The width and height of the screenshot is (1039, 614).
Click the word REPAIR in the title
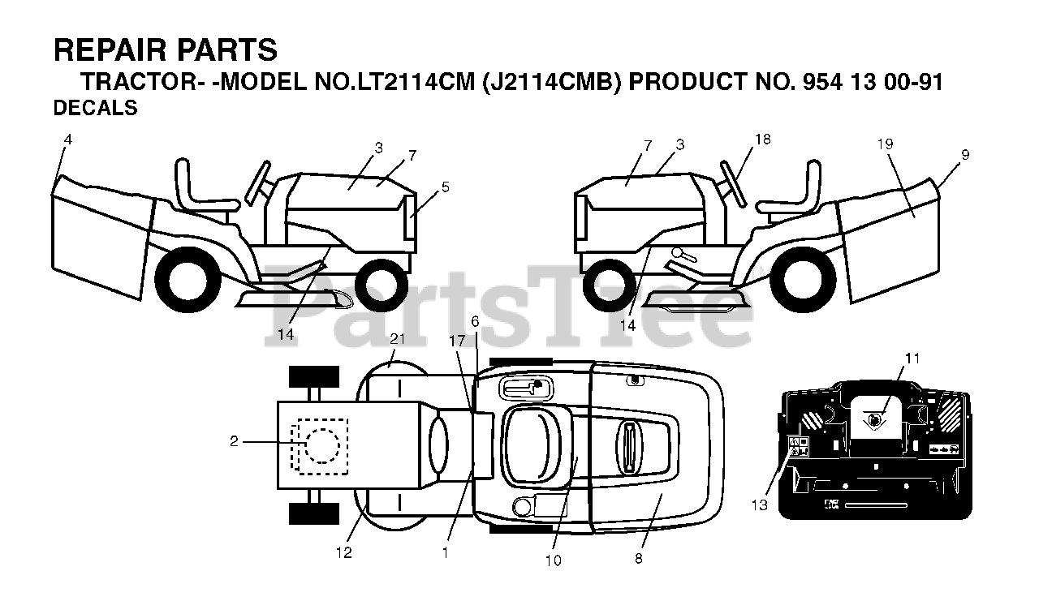coord(101,50)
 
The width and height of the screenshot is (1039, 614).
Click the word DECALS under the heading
coord(95,108)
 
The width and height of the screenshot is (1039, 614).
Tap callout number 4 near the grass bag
coord(67,140)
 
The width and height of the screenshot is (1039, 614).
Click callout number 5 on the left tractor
coord(445,187)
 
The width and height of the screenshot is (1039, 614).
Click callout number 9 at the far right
coord(964,154)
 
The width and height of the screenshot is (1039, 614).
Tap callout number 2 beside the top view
coord(234,441)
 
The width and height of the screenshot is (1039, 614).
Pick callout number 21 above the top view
coord(396,338)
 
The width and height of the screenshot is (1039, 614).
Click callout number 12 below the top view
coord(344,552)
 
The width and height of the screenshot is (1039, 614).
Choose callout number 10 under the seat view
coord(554,560)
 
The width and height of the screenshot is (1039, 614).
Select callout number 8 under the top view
coord(639,558)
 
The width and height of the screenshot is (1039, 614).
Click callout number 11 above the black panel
coord(913,358)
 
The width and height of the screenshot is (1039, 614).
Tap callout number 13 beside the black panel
coord(758,505)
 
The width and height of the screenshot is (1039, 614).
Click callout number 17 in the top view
coord(457,341)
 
